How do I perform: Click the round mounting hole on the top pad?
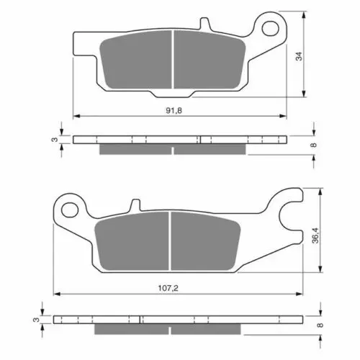[271, 28]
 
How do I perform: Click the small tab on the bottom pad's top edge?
[132, 206]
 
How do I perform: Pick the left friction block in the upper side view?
[135, 148]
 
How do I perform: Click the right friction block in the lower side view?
[209, 328]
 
